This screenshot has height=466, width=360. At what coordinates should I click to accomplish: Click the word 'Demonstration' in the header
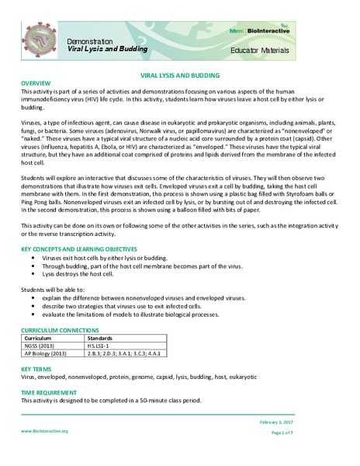click(89, 40)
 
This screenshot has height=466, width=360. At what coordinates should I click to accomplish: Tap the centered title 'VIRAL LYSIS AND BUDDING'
click(180, 76)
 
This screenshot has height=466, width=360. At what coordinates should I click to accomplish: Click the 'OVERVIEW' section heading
click(36, 83)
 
